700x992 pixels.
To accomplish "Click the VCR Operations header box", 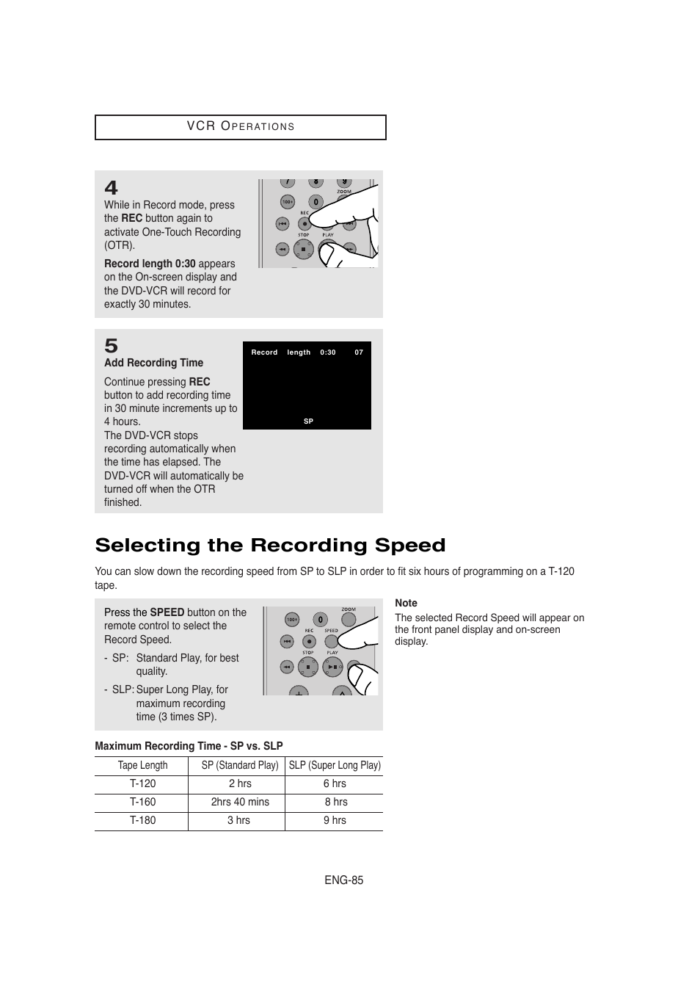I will click(x=240, y=127).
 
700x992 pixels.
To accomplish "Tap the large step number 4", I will click(x=111, y=188).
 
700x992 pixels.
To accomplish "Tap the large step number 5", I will click(x=111, y=345).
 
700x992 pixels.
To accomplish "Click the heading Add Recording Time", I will click(x=153, y=363).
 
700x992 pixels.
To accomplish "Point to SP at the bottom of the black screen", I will click(x=308, y=421).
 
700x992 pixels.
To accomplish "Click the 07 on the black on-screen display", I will click(x=359, y=352).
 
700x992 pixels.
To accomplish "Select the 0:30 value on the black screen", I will click(x=327, y=352).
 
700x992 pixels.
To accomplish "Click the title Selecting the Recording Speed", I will click(x=270, y=546).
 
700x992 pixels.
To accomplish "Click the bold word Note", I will click(x=406, y=603).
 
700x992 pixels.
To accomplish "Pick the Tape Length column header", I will click(x=142, y=765).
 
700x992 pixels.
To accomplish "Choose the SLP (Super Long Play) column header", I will click(x=335, y=765).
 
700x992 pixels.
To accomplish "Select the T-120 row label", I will click(x=142, y=783).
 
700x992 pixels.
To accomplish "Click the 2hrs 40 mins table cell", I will click(x=240, y=802).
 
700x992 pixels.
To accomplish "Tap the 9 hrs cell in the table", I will click(x=335, y=820).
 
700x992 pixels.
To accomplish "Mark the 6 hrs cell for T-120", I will click(x=335, y=783).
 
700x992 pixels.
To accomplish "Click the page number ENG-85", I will click(x=344, y=880).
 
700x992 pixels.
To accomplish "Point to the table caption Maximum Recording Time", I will click(x=189, y=746).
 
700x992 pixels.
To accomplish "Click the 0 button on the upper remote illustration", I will click(x=316, y=202).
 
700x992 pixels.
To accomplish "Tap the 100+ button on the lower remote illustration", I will click(x=292, y=620).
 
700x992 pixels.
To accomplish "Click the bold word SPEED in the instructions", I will click(x=167, y=612).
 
